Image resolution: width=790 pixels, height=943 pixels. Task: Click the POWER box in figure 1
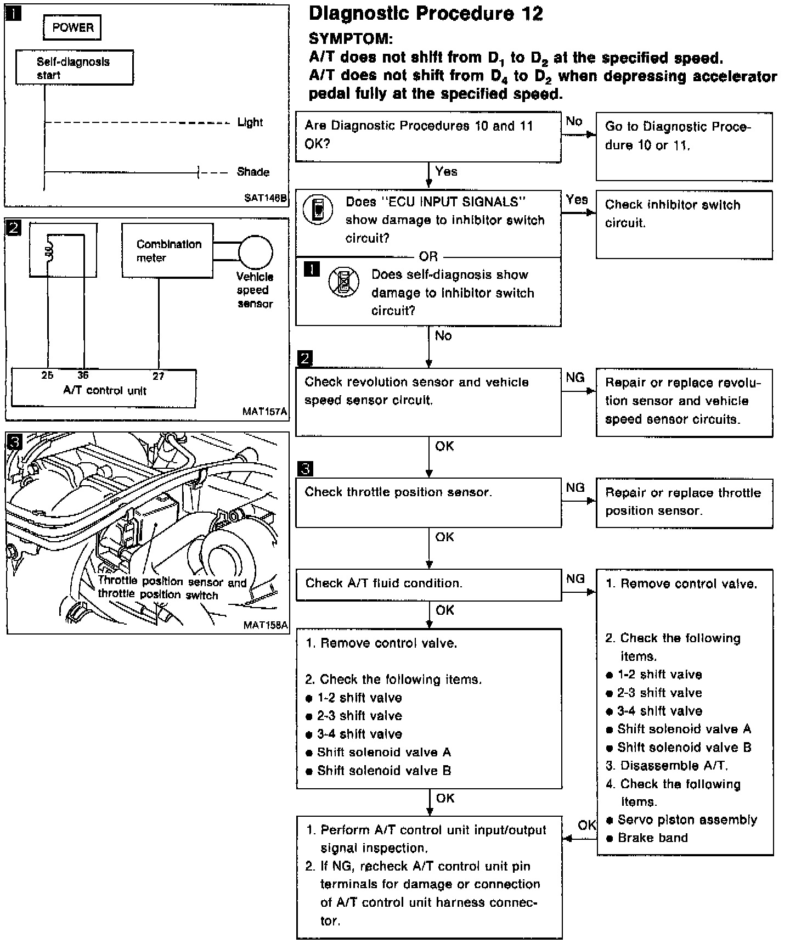pos(72,27)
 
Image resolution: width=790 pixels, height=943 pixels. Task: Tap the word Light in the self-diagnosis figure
pos(250,122)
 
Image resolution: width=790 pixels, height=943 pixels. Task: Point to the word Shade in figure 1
pos(253,172)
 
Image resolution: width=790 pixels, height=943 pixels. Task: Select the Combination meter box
pos(167,251)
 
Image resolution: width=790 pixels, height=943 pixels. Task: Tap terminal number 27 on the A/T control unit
pos(158,376)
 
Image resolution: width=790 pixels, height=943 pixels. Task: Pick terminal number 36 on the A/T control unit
pos(83,375)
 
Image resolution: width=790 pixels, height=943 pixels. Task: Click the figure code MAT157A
pos(265,411)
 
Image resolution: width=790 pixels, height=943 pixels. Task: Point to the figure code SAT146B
pos(266,198)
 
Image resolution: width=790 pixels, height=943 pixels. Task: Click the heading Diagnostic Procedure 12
pos(426,14)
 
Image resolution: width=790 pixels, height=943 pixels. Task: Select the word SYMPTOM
pos(351,38)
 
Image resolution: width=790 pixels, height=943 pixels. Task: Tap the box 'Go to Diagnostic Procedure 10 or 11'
pos(684,146)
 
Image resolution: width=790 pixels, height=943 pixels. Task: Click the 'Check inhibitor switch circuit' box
pos(684,224)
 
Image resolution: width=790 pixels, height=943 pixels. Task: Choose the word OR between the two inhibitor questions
pos(428,256)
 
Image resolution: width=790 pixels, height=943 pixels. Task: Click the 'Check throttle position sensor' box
pos(428,502)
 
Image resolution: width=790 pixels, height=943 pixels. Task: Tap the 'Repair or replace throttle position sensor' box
pos(684,503)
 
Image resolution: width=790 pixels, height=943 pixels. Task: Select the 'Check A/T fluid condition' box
pos(428,584)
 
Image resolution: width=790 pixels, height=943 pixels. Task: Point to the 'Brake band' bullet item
pos(652,838)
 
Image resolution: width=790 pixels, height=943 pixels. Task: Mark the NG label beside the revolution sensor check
pos(575,378)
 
